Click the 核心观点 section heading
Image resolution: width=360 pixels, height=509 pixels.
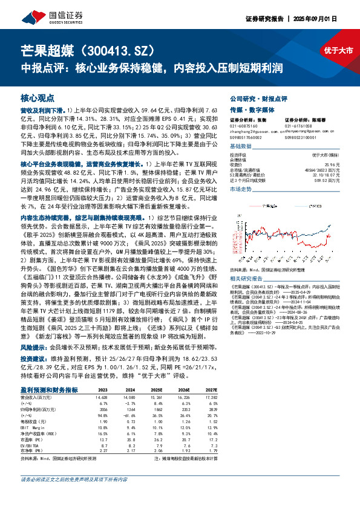coord(38,97)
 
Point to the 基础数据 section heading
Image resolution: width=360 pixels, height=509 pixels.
coord(241,147)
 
